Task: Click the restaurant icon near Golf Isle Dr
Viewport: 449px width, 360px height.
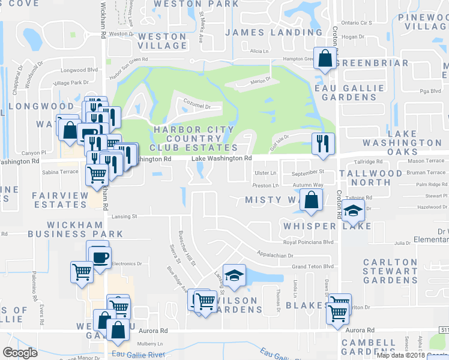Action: [x=323, y=143]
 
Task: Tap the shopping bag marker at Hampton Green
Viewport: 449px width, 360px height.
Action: [x=325, y=59]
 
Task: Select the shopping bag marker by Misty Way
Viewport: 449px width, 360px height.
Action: [x=312, y=200]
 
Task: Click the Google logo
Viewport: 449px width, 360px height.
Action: [x=20, y=353]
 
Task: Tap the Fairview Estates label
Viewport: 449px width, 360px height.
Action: [x=59, y=200]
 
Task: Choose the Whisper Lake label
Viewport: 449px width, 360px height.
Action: [x=328, y=226]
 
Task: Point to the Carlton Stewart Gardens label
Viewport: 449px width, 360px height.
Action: [x=390, y=271]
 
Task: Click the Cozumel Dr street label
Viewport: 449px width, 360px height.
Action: [x=197, y=106]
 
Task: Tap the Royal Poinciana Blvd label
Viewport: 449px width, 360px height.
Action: [x=307, y=242]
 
